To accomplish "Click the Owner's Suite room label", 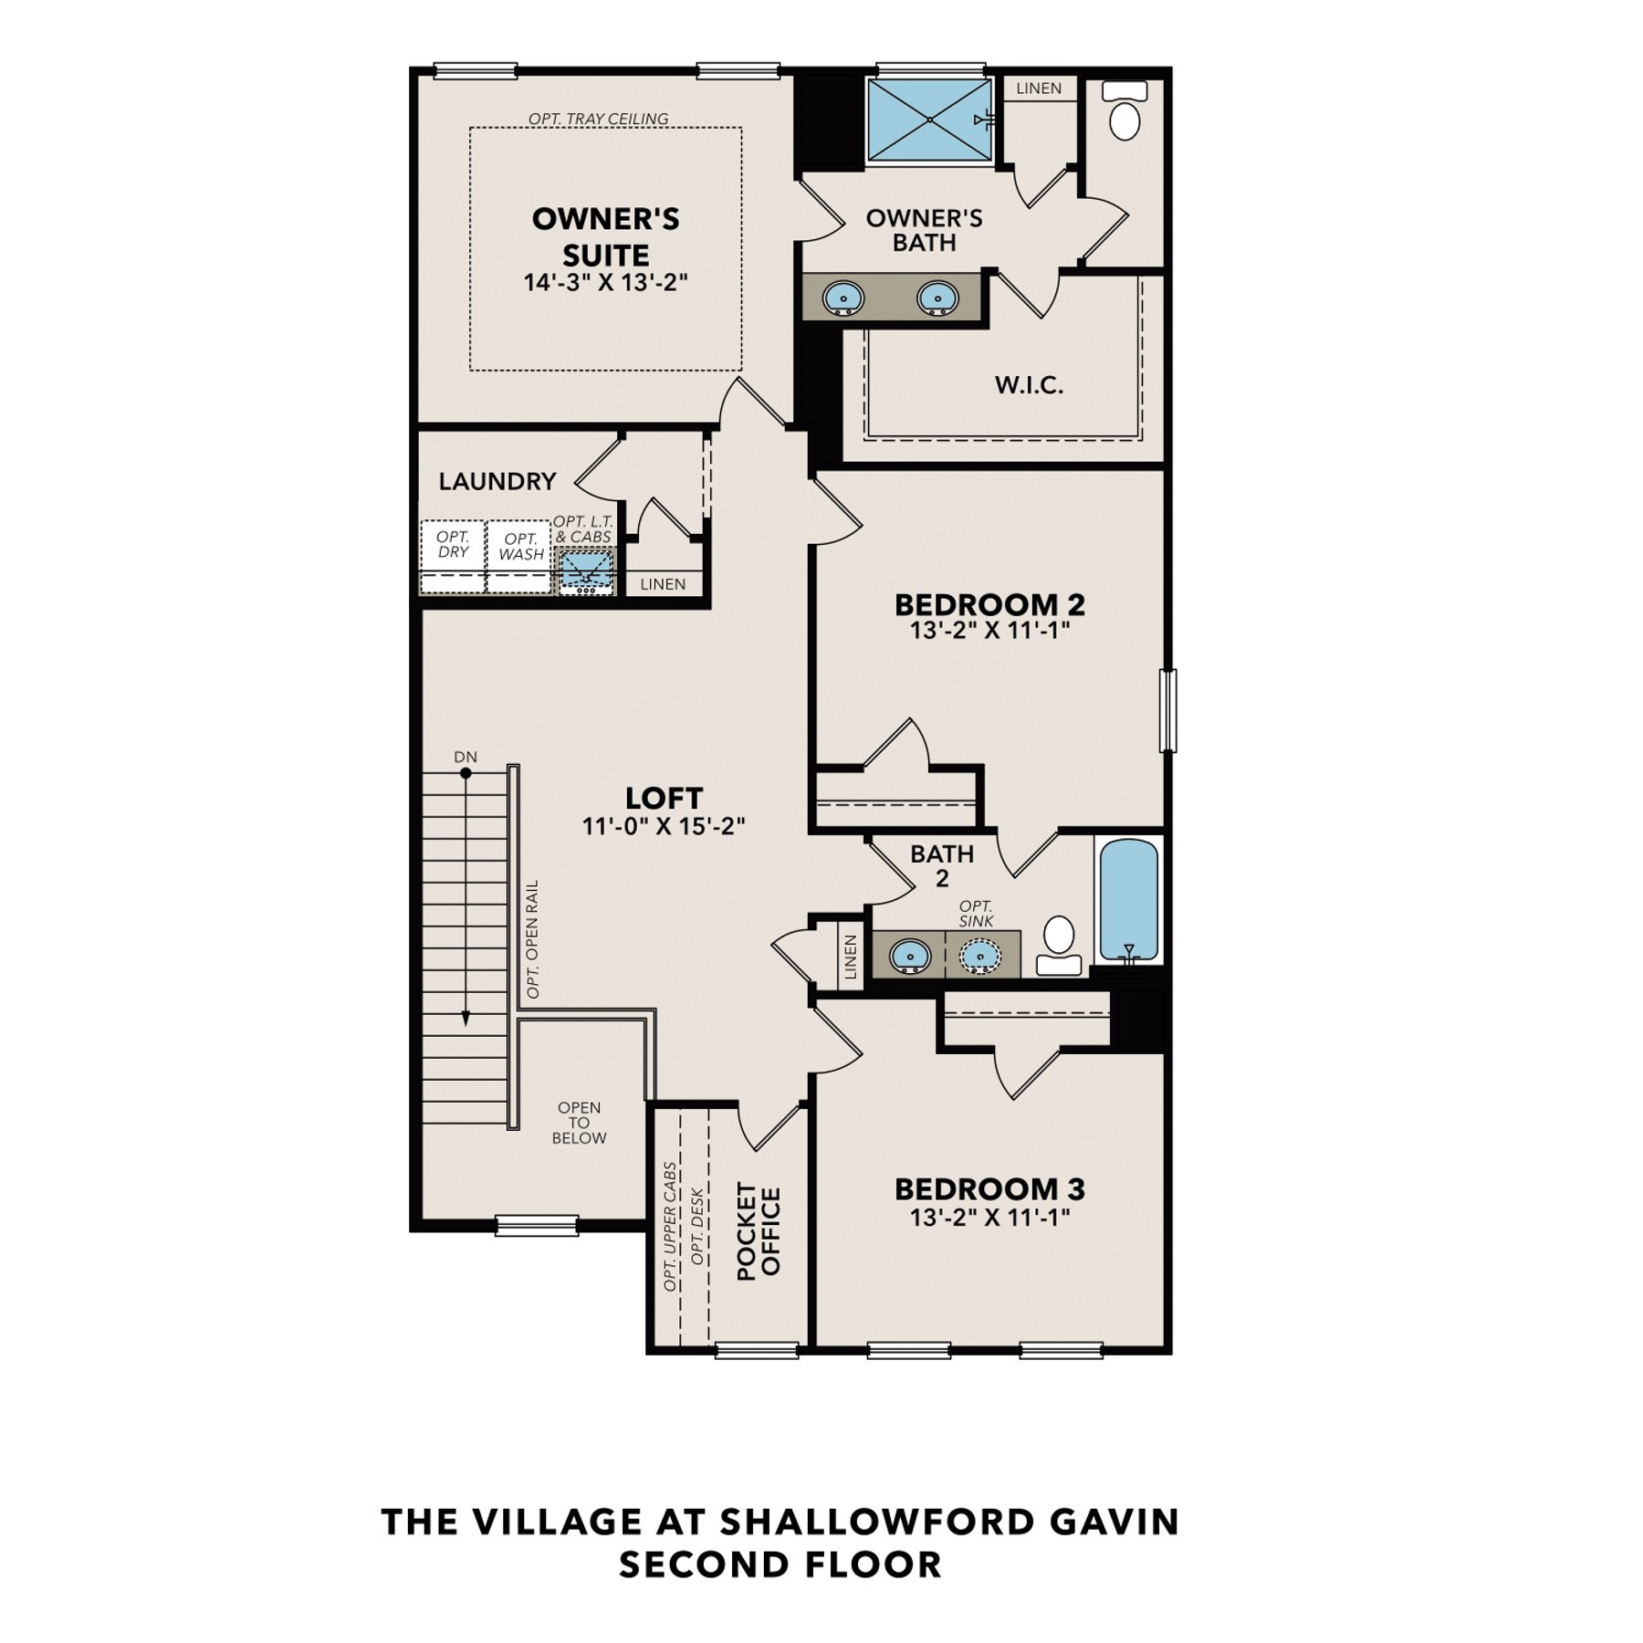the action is coord(605,236).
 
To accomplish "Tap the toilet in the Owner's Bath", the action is coord(1125,110).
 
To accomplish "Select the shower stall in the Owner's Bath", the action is coord(929,120).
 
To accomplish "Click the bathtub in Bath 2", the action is coord(1129,900).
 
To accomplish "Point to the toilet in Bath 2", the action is coord(1059,946).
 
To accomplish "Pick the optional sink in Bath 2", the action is coord(979,956).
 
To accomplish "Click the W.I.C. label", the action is coord(1029,385).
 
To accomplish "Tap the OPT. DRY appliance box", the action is coord(453,557).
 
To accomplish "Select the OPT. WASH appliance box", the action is coord(519,557).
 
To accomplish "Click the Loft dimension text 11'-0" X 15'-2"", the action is coord(664,826).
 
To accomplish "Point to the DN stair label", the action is coord(466,757).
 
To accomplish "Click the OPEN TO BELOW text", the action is coord(579,1123).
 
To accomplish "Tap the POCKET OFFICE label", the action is coord(759,1231).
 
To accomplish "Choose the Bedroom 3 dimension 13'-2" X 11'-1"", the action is coord(989,1217).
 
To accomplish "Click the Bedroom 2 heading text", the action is coord(989,604).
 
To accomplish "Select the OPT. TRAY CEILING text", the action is coord(598,119).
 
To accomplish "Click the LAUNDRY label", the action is coord(497,481).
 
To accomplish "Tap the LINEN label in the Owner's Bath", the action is coord(1039,89).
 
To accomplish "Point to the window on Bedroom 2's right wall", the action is coord(1167,710).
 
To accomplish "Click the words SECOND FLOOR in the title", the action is coord(780,1565).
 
